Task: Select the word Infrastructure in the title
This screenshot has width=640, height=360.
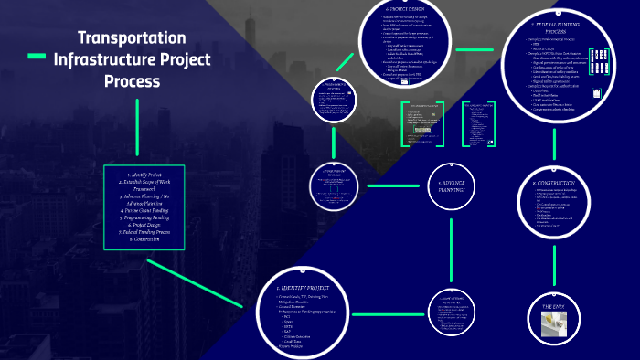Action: click(133, 59)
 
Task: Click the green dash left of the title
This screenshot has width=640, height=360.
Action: click(37, 58)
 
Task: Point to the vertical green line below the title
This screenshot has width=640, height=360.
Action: click(137, 128)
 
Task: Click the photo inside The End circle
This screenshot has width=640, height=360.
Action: click(554, 323)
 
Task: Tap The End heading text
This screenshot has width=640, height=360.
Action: click(555, 306)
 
